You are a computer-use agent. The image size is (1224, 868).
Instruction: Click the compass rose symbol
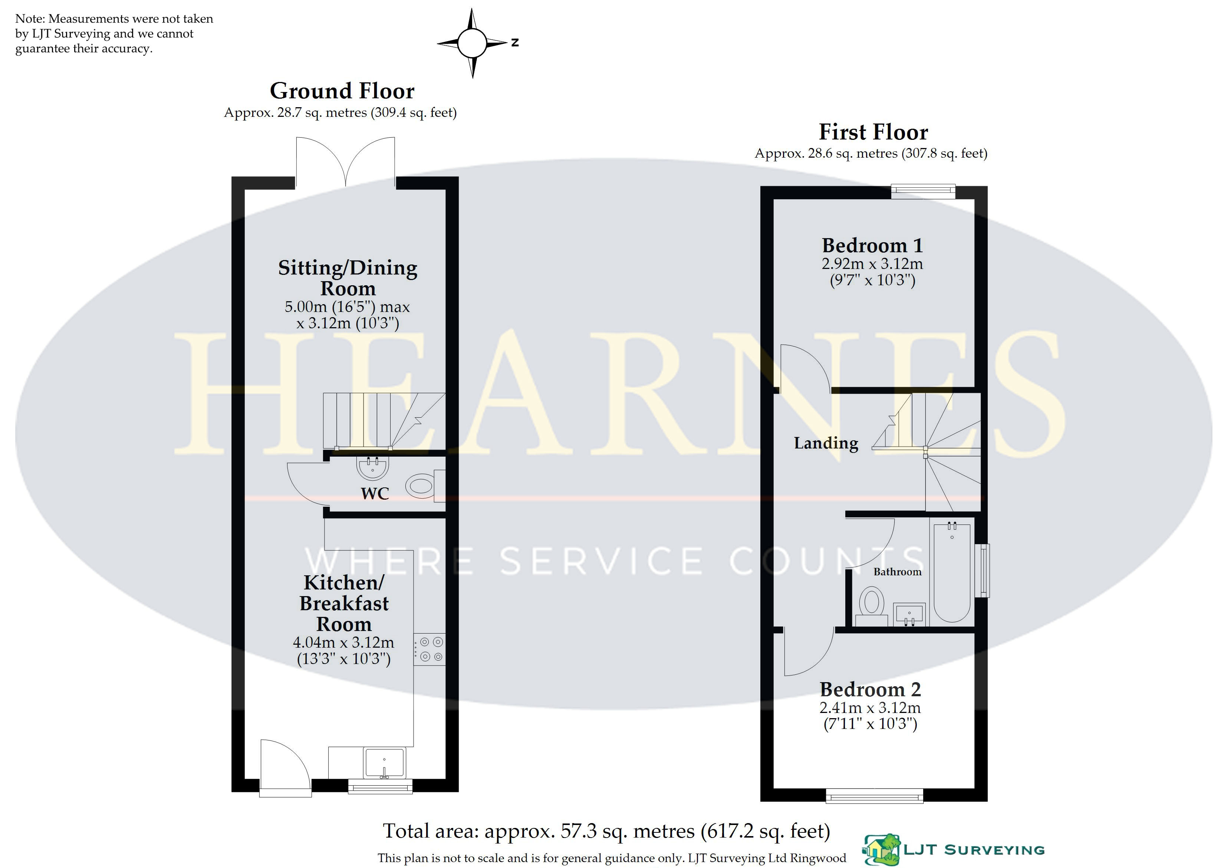472,43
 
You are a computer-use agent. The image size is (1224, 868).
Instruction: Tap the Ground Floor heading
342,91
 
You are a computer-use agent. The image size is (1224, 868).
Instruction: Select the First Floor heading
873,132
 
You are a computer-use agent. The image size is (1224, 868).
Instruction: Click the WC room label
375,493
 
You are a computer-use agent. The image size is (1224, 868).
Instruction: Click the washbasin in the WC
372,468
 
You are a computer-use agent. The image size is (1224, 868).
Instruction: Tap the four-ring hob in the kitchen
429,650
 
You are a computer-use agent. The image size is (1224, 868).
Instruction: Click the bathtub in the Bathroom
952,572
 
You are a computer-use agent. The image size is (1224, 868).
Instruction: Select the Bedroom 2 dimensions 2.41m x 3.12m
870,708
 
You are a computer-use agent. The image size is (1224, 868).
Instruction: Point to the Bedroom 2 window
875,796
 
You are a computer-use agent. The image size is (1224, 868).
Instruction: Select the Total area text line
607,831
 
